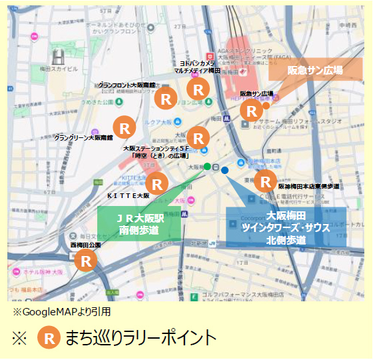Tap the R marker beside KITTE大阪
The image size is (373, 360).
pos(157,182)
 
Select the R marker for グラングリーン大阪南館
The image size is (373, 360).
pos(124,125)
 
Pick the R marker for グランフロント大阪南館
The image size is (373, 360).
pos(165,98)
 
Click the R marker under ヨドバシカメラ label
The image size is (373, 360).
pos(198,88)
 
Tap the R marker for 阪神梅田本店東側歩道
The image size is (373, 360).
pos(266,181)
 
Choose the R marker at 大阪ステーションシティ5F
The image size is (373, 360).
pos(198,135)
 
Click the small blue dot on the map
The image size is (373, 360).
pos(224,171)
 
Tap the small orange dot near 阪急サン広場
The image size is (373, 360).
pos(266,105)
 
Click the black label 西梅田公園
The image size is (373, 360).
pos(85,245)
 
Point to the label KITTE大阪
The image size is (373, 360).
pos(128,196)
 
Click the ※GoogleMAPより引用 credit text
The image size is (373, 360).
pos(61,311)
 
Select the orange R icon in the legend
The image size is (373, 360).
pos(48,337)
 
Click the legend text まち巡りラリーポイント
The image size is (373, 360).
pos(141,337)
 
